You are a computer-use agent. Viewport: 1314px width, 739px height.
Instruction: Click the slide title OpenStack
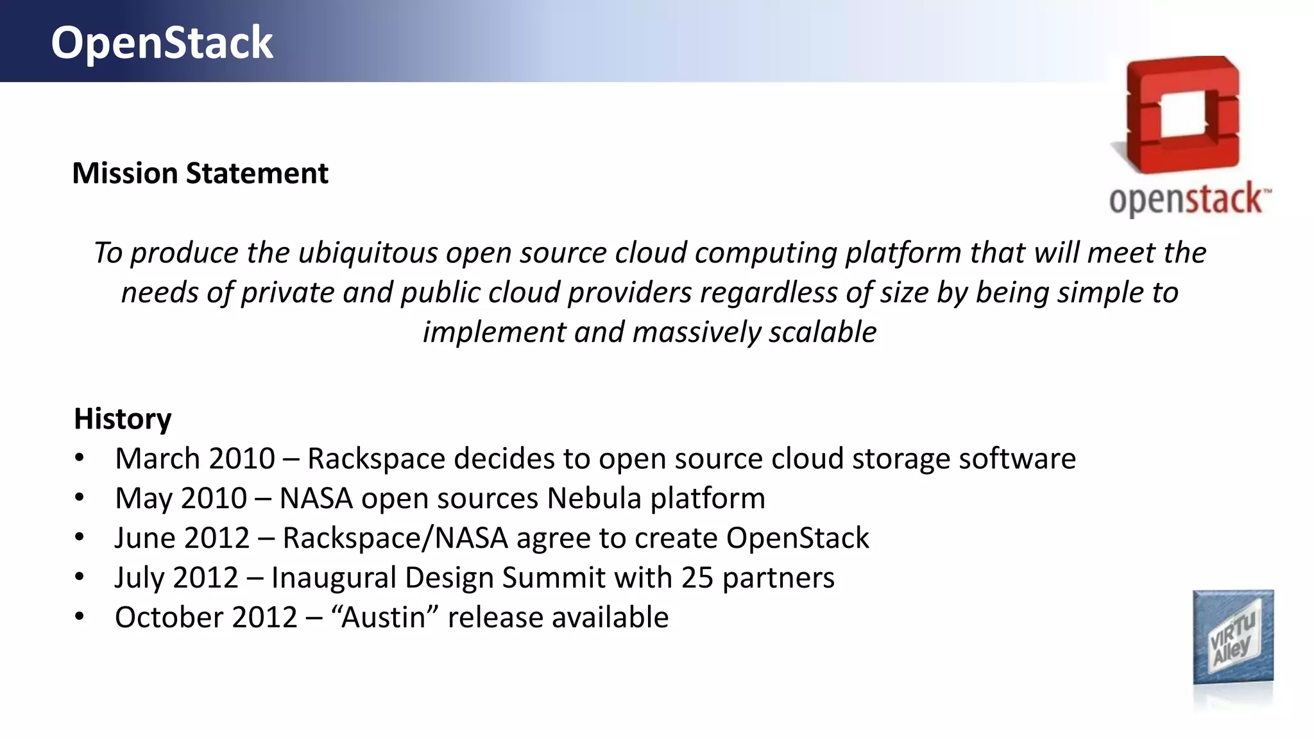coord(162,43)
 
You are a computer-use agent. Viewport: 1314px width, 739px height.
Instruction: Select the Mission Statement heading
coord(200,173)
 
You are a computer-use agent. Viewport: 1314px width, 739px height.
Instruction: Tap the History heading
coord(123,419)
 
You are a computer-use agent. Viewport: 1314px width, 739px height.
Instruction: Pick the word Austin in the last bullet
coord(384,618)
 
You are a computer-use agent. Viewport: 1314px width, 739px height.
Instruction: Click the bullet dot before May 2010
coord(79,498)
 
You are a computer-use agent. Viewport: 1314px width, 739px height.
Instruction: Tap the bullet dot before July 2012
coord(79,577)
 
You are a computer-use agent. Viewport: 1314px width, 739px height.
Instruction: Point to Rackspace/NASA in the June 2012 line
coord(395,538)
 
